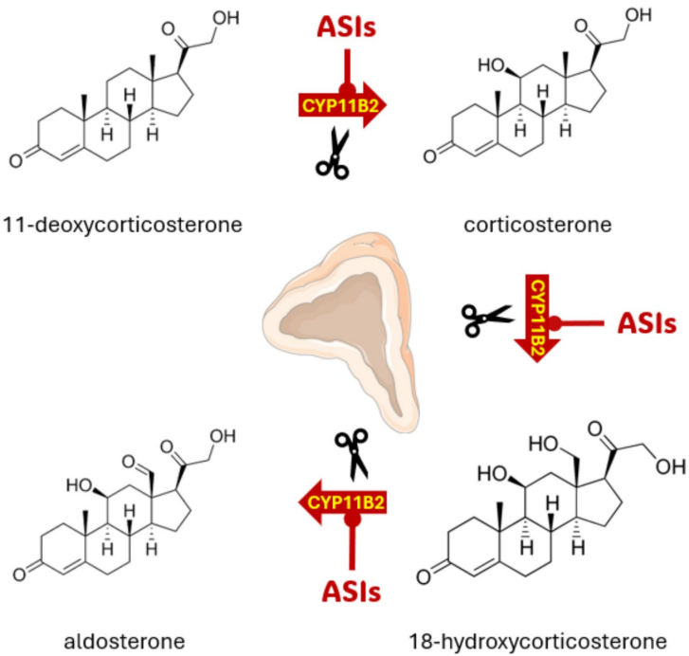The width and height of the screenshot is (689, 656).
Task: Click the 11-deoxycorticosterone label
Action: pyautogui.click(x=125, y=224)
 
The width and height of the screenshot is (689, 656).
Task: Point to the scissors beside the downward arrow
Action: pyautogui.click(x=486, y=320)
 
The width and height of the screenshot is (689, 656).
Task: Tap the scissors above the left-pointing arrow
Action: pyautogui.click(x=353, y=452)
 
